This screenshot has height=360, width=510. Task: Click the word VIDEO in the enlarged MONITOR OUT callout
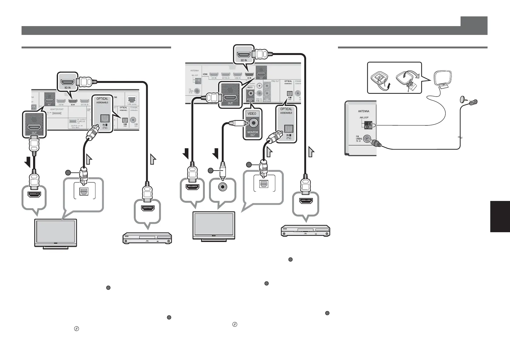click(252, 114)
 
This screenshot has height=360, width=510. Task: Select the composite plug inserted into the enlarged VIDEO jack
click(236, 123)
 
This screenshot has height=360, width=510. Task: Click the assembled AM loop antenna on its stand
click(443, 80)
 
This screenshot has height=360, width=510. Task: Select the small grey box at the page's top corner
click(474, 21)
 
